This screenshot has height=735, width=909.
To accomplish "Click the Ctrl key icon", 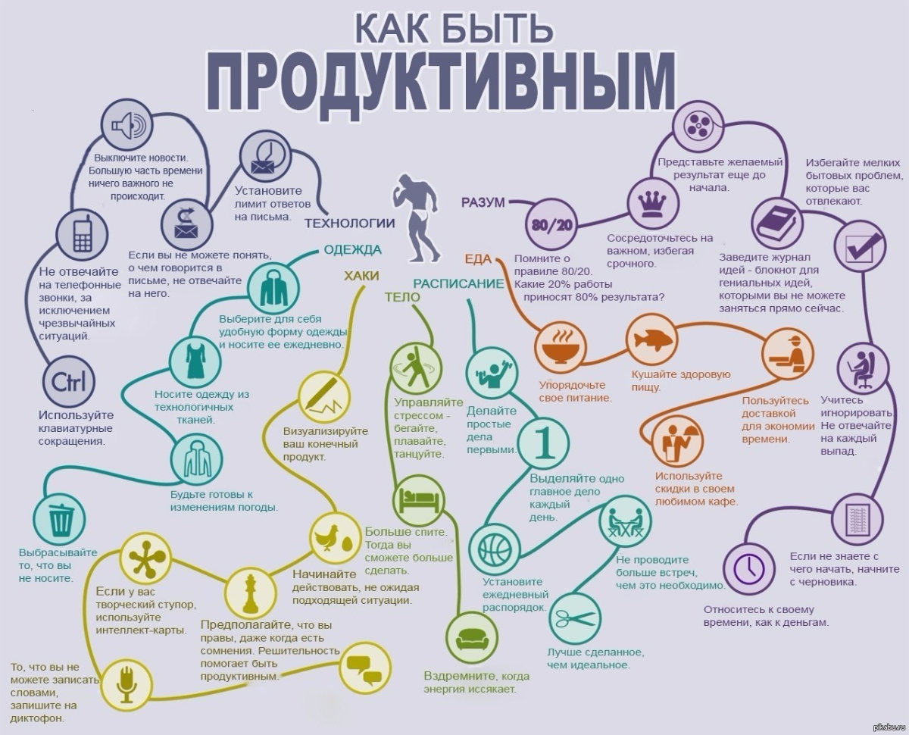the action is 69,382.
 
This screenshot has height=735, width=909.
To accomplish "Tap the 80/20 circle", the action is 551,224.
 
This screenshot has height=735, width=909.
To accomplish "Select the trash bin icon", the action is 59,520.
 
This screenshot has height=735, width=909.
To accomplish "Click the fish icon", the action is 652,339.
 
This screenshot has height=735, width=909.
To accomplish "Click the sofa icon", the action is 472,639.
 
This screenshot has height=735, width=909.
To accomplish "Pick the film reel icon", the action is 698,126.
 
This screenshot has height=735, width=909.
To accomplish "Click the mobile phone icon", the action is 83,235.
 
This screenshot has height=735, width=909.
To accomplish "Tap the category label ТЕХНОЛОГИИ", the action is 349,223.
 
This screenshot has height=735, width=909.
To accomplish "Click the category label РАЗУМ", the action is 483,202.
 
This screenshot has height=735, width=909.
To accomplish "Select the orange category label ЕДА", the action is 478,258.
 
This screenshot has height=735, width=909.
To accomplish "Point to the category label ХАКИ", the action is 361,276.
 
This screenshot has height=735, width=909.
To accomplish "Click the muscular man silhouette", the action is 416,217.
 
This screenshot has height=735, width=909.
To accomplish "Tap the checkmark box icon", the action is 860,246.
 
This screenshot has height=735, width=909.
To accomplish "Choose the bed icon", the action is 419,500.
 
